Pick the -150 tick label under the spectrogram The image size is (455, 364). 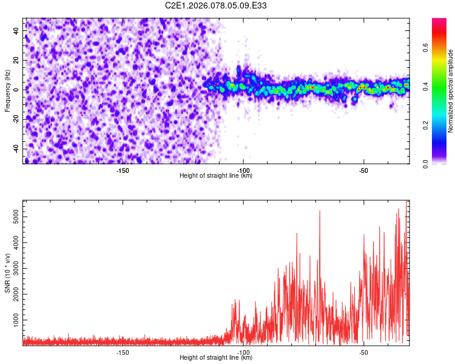[x=123, y=170]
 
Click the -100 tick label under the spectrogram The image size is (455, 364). [x=243, y=170]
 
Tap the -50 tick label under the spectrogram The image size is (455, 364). [x=363, y=170]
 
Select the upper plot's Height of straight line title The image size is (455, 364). [x=216, y=176]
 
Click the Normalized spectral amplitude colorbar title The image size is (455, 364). [x=451, y=91]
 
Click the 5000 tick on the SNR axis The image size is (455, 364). [x=13, y=217]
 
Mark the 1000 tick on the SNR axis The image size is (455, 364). [x=13, y=319]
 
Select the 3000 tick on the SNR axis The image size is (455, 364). [x=13, y=268]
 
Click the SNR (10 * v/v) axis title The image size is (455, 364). [x=7, y=273]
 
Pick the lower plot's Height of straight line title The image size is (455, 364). [x=216, y=358]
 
